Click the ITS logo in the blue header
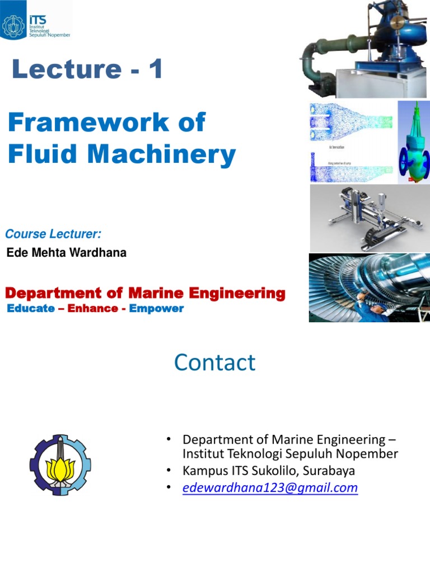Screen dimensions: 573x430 click(36, 21)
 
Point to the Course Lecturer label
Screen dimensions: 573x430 click(49, 233)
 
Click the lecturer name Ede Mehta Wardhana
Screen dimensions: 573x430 click(66, 253)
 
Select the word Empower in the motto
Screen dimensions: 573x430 click(156, 308)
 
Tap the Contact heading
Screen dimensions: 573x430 click(214, 363)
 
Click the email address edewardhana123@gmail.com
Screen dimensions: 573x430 click(270, 488)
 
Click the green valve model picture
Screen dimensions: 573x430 click(414, 142)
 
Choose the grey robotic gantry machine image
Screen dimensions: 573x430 click(369, 219)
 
